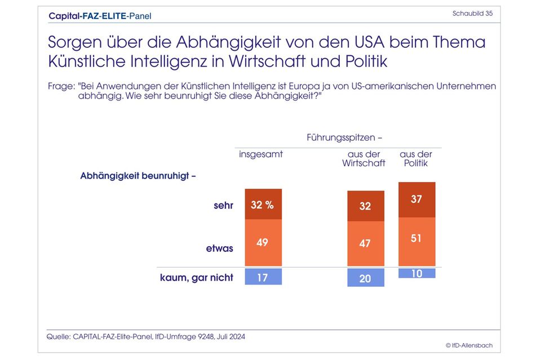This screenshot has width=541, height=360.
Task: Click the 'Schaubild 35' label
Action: pyautogui.click(x=472, y=14)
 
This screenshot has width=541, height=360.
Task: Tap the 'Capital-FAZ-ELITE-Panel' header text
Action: pyautogui.click(x=100, y=16)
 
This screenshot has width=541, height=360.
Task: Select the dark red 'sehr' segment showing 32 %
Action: pyautogui.click(x=263, y=205)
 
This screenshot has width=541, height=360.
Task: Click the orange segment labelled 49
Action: pyautogui.click(x=263, y=242)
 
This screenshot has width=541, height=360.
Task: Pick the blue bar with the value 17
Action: pyautogui.click(x=263, y=277)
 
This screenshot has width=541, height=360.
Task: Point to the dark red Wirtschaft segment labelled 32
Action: pyautogui.click(x=365, y=206)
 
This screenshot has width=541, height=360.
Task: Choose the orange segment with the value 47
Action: pyautogui.click(x=365, y=243)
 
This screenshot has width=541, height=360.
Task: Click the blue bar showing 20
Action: pyautogui.click(x=365, y=278)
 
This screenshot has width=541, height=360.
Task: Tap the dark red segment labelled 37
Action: pyautogui.click(x=416, y=200)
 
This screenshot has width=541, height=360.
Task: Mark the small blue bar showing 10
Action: pyautogui.click(x=416, y=273)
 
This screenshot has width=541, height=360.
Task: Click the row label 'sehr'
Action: pyautogui.click(x=223, y=205)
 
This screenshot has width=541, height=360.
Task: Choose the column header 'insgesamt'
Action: pyautogui.click(x=261, y=154)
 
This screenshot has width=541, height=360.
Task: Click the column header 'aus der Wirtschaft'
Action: pyautogui.click(x=364, y=159)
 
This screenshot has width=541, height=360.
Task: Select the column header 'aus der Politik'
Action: pyautogui.click(x=416, y=159)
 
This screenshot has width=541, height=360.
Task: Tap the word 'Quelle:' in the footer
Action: pyautogui.click(x=59, y=336)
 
